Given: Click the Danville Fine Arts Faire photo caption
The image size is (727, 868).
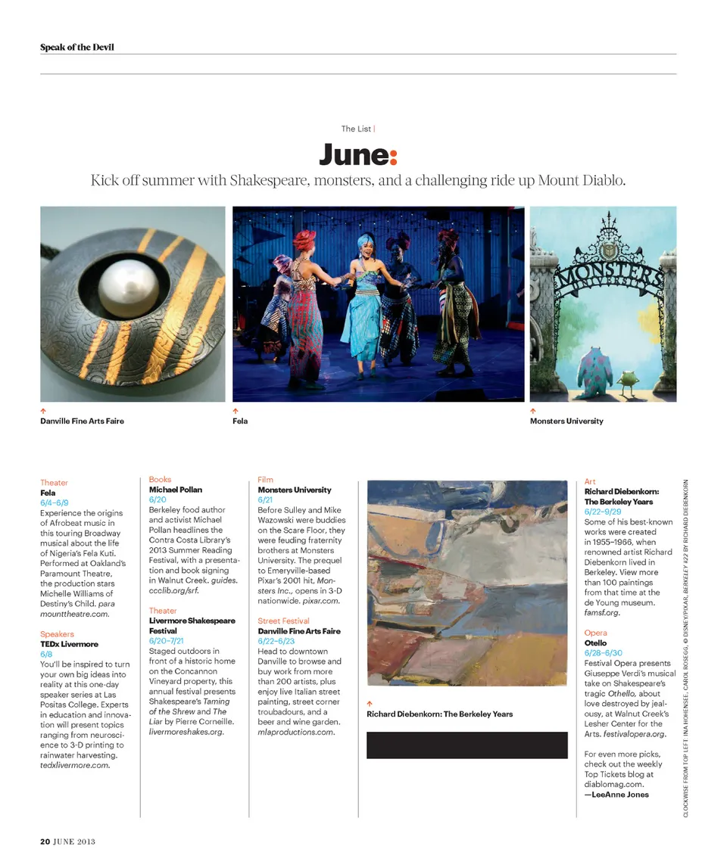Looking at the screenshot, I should coord(82,421).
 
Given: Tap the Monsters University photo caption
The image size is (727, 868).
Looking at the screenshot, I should coord(566,421).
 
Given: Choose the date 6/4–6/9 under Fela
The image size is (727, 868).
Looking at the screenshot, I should coord(55,502).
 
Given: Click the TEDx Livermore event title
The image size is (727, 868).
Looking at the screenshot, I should coord(69,644).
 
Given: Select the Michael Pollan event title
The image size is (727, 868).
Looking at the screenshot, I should coord(176,490).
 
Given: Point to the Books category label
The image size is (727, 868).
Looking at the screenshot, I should coord(160,479).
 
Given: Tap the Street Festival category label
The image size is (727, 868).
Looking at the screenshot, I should coord(283,621).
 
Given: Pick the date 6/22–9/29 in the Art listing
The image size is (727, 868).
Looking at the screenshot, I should coord(605,512).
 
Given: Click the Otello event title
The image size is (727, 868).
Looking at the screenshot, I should coord(595,642).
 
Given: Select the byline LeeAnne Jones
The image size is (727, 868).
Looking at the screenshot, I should coord(616,795).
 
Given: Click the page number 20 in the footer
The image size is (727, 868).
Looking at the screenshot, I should coord(45,841).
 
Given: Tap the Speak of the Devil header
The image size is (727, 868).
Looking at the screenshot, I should coord(77,48).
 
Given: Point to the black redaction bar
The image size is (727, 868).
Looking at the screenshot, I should coord(466,745).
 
